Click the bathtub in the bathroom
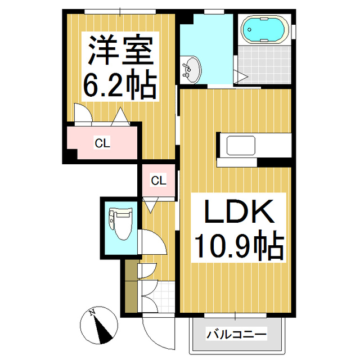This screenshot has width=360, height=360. pyautogui.click(x=265, y=30)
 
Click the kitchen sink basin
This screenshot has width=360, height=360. pyautogui.click(x=241, y=145)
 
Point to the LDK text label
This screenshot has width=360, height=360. pyautogui.click(x=239, y=211)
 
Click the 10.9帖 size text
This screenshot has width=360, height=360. pyautogui.click(x=239, y=246)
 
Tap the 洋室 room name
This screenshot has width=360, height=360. pyautogui.click(x=120, y=49)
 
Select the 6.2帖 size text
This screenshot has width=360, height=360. pyautogui.click(x=120, y=83)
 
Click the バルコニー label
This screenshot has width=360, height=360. pyautogui.click(x=236, y=334)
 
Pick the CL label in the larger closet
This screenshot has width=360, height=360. pyautogui.click(x=102, y=143)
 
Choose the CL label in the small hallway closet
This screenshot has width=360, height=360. pyautogui.click(x=159, y=181)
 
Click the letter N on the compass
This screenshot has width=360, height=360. pyautogui.click(x=92, y=312)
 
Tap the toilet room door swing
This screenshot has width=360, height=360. pyautogui.click(x=152, y=241)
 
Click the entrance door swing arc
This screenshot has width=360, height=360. pyautogui.click(x=159, y=333)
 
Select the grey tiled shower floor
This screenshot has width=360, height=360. pyautogui.click(x=264, y=65)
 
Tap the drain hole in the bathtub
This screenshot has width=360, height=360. pyautogui.click(x=249, y=29)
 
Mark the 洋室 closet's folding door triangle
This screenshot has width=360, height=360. pyautogui.click(x=120, y=116)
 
